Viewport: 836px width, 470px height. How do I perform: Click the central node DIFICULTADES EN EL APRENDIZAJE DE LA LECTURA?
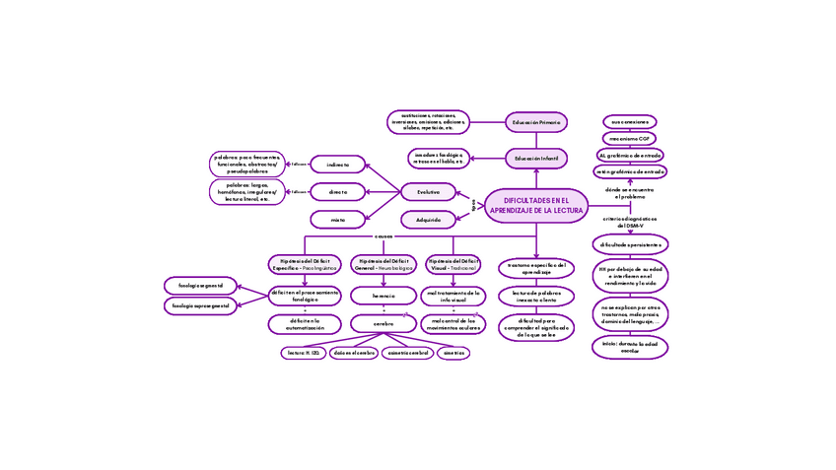536,205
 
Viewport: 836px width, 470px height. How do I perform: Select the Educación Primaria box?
536,123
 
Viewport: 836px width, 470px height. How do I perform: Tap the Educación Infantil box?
536,158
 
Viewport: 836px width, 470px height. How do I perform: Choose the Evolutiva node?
428,192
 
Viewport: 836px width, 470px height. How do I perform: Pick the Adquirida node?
428,220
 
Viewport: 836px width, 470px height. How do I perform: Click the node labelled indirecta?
338,165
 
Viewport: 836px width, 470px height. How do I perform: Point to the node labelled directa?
338,192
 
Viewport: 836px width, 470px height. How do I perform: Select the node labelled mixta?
338,220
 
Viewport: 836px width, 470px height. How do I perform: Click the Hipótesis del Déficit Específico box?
305,264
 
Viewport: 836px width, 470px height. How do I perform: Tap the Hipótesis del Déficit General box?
383,264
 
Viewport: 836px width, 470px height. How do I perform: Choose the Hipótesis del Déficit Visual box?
453,264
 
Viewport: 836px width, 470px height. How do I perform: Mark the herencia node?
383,296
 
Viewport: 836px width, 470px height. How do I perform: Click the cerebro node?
383,323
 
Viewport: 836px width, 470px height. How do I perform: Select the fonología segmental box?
200,286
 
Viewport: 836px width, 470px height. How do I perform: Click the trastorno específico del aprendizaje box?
536,268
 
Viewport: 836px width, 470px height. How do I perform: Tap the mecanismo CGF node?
629,139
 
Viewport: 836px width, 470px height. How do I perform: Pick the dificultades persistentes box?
630,244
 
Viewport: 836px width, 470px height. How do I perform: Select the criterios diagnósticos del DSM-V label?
630,222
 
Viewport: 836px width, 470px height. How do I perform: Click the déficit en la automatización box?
305,323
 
